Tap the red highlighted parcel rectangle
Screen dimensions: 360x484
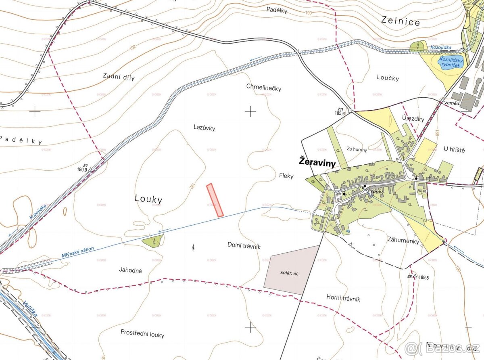click(x=215, y=200)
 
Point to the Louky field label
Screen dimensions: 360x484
click(x=148, y=199)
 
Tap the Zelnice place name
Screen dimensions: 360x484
click(x=401, y=21)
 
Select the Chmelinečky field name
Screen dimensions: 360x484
click(x=263, y=88)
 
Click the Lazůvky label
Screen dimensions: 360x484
click(x=204, y=128)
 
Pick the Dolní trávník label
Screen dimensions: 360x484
click(x=244, y=245)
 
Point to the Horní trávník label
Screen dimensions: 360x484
click(x=343, y=299)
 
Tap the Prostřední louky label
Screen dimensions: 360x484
click(x=142, y=334)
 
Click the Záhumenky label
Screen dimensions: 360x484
click(x=404, y=241)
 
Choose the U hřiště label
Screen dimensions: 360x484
click(x=454, y=150)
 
